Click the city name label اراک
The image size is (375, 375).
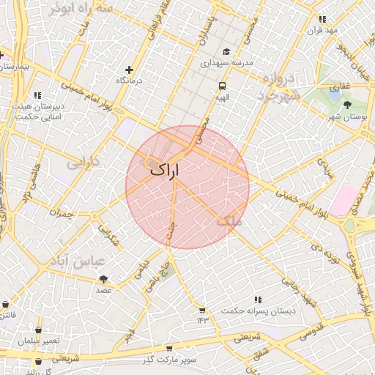tap(164, 169)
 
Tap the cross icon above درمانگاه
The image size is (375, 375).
tap(130, 70)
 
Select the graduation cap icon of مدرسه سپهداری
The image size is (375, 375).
tap(226, 52)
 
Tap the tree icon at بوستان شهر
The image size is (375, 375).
tap(347, 105)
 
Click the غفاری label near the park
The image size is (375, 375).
tap(341, 87)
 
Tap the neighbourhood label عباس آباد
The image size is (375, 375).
tap(78, 260)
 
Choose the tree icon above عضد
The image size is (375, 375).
tap(103, 279)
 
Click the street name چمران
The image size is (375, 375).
tap(62, 213)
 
